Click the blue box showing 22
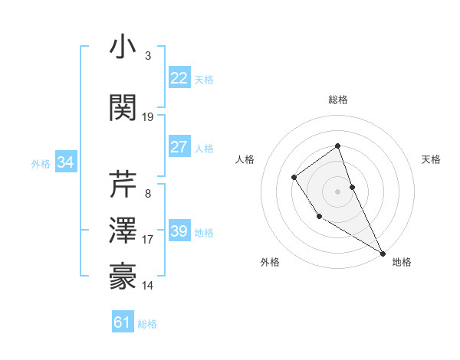179,78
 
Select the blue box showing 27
179,147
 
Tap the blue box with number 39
179,231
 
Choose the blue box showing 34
65,162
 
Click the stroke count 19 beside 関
148,117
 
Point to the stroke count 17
148,240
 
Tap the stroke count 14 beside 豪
148,286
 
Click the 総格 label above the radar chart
337,100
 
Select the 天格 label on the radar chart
431,159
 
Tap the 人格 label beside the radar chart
245,159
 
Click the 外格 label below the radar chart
270,262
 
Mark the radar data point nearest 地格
383,253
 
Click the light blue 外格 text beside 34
40,163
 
